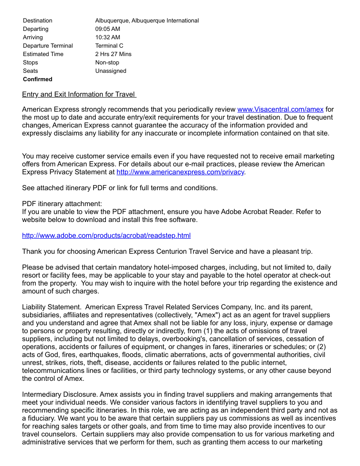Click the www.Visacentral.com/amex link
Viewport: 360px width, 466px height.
click(280, 109)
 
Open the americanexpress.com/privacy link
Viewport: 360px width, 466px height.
click(180, 172)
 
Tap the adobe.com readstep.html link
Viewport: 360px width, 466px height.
click(106, 236)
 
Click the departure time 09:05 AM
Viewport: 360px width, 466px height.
click(108, 29)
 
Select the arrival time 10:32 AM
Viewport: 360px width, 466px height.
click(108, 38)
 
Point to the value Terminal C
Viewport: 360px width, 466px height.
click(109, 46)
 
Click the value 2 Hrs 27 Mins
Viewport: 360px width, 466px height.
click(113, 54)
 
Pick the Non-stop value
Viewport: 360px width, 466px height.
click(107, 63)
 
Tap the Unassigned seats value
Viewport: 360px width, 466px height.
click(111, 71)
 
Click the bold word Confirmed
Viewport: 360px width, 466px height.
click(37, 79)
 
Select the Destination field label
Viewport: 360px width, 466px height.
click(37, 21)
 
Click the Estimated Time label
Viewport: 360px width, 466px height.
click(43, 54)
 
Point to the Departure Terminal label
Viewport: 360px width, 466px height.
click(48, 46)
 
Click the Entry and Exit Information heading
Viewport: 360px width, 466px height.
click(79, 94)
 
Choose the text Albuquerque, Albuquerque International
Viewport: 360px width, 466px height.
click(147, 21)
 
